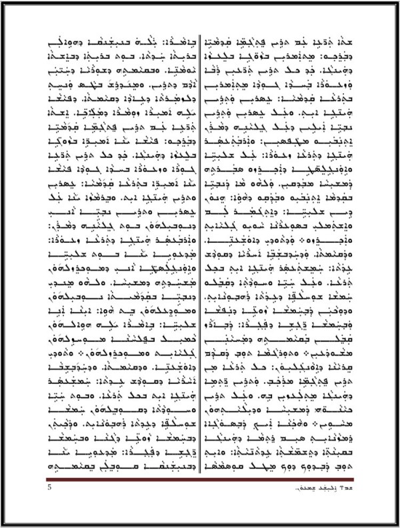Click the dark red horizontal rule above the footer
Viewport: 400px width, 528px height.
click(200, 479)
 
